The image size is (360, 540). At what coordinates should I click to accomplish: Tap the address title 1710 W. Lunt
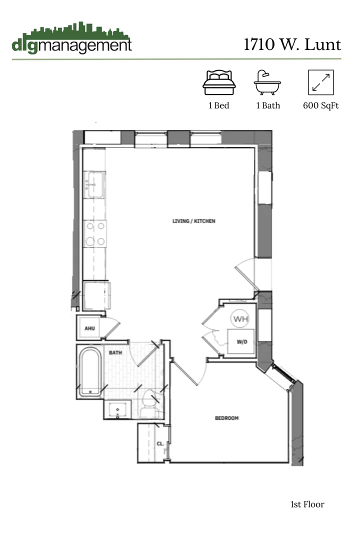292,44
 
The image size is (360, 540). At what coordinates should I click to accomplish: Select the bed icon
219,82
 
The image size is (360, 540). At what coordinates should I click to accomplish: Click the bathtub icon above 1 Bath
267,82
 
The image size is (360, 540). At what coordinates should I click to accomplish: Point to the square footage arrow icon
321,82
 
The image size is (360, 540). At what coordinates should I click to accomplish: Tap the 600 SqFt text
321,105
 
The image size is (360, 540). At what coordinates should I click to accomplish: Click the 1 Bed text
219,105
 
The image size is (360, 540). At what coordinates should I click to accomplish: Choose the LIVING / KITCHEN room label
194,221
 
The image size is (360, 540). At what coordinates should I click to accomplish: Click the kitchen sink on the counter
94,184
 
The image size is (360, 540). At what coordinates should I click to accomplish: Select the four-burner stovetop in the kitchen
94,234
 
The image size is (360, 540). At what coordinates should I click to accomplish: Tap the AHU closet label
89,328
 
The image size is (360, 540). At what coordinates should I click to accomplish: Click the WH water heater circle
240,318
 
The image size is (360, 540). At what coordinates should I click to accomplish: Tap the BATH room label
116,352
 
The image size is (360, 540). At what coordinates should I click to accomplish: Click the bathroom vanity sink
118,409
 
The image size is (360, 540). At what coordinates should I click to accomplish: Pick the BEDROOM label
226,418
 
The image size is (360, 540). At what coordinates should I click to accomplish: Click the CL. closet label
160,443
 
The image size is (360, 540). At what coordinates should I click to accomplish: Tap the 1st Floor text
307,504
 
